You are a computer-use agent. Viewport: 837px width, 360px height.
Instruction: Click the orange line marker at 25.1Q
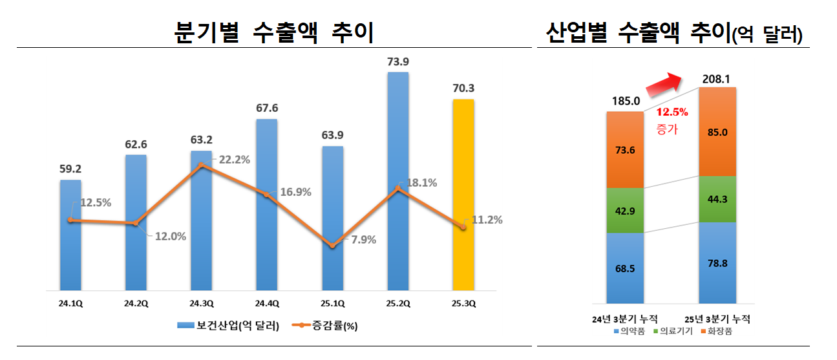tap(332, 246)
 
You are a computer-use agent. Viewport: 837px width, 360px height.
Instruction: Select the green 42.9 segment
tap(625, 210)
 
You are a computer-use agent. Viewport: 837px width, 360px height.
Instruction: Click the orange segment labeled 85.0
tap(717, 132)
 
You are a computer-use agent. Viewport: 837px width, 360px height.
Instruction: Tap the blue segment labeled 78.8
tap(717, 262)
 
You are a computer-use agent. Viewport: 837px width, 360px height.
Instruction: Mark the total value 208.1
tap(717, 80)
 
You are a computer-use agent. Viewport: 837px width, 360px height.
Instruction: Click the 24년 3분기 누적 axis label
tap(624, 319)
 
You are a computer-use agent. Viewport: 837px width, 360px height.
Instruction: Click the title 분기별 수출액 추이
tap(274, 32)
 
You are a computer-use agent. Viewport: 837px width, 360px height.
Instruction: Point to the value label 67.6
tap(266, 109)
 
